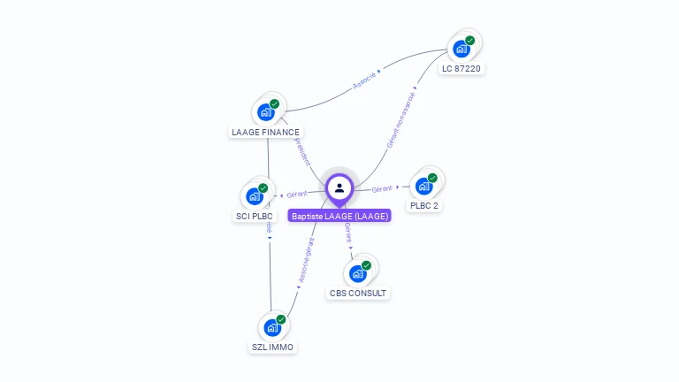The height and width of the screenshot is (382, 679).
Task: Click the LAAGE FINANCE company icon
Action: [266, 112]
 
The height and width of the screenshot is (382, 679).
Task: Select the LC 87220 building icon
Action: [462, 49]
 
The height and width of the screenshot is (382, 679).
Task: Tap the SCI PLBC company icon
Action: [255, 195]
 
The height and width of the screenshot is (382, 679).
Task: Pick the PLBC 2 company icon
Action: [424, 186]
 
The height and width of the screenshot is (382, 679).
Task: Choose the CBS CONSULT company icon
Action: [358, 273]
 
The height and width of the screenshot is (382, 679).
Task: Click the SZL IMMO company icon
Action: [272, 327]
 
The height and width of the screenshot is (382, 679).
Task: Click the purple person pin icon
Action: [339, 187]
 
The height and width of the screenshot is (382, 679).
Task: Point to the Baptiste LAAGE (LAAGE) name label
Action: [339, 216]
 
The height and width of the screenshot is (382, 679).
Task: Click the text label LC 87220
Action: [463, 69]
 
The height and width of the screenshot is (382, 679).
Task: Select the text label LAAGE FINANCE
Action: [265, 133]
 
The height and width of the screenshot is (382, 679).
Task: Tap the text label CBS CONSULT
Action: [358, 294]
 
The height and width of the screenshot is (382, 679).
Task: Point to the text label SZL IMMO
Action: [272, 348]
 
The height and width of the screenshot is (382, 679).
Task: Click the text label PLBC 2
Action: [424, 206]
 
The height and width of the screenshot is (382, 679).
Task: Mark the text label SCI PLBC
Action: [255, 216]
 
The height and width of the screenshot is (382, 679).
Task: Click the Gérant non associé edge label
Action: [401, 118]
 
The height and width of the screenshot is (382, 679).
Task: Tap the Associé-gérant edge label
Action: [306, 259]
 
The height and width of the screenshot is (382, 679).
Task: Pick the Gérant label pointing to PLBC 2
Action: [382, 188]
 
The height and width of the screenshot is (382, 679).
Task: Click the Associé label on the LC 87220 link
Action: [364, 80]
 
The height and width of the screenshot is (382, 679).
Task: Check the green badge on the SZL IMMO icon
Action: [281, 319]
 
